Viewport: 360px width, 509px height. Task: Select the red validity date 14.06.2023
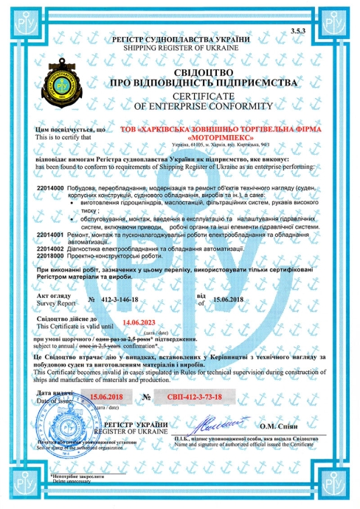tap(140, 322)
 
